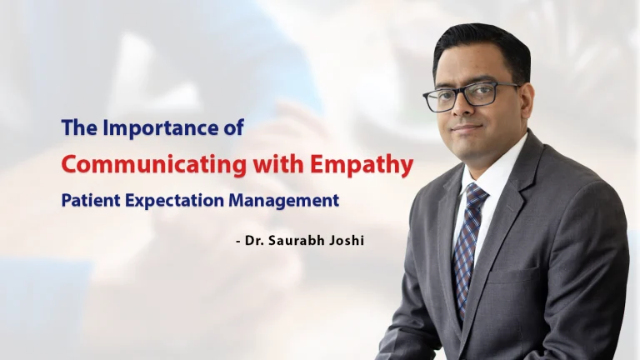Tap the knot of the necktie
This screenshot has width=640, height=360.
pyautogui.click(x=476, y=195)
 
